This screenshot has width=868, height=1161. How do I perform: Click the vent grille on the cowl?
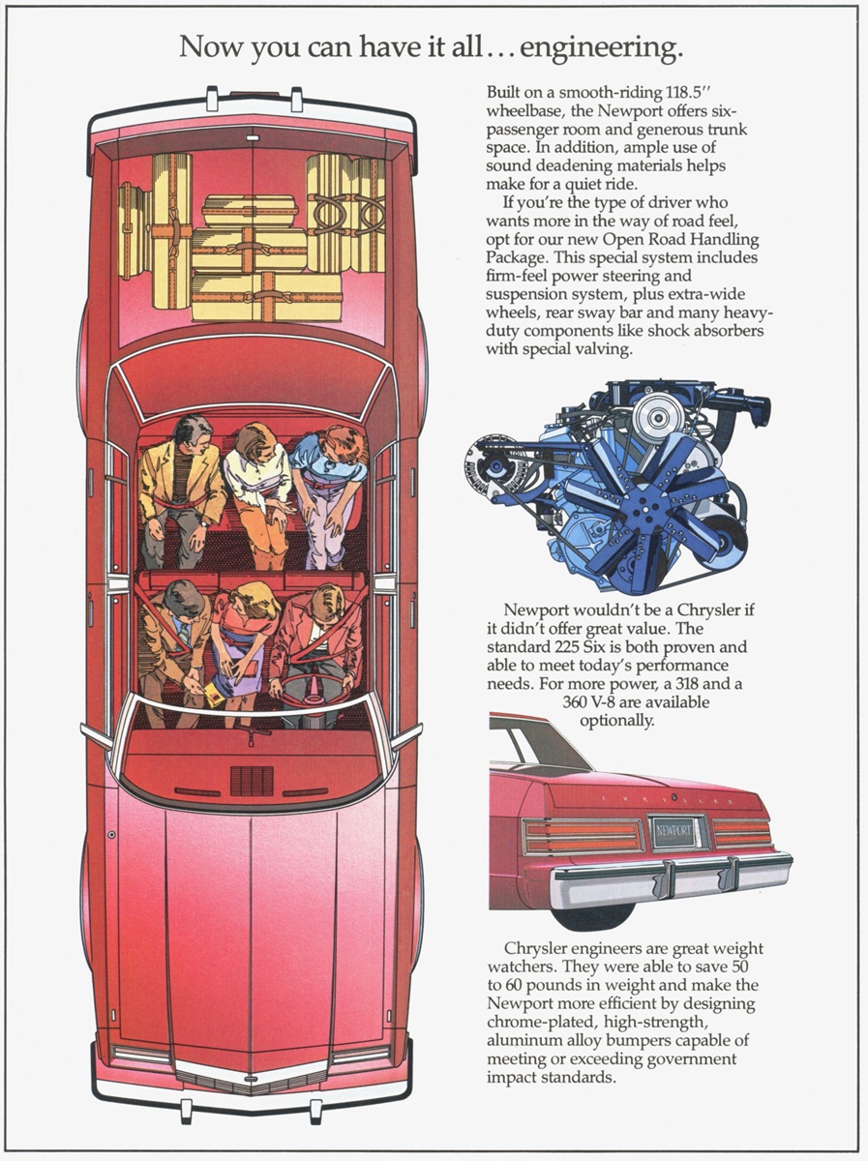(252, 780)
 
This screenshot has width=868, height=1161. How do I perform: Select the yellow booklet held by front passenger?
(218, 692)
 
